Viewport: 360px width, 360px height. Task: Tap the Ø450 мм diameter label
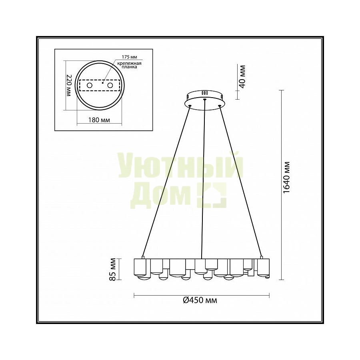[200, 300]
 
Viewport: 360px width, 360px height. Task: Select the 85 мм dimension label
[112, 269]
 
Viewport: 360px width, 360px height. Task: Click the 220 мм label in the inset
[69, 86]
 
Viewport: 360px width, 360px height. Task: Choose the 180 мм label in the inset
[99, 120]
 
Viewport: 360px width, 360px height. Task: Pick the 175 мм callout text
[129, 57]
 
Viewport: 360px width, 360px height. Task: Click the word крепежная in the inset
[129, 63]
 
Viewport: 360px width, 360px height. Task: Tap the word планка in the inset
[130, 67]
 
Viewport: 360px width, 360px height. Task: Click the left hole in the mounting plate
[89, 86]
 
